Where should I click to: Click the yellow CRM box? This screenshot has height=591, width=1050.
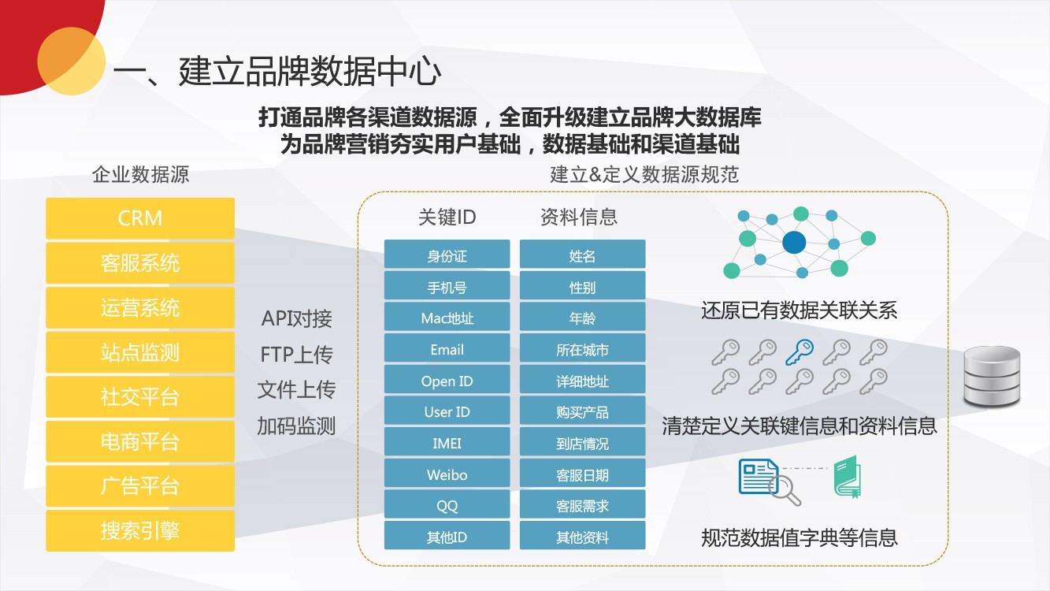140,218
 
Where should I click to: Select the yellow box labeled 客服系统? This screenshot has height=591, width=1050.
140,262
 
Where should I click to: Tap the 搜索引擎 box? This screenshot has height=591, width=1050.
140,530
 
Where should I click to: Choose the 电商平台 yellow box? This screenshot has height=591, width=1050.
140,441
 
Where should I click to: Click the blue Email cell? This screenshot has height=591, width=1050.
447,349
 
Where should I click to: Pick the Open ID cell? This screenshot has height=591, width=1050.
447,381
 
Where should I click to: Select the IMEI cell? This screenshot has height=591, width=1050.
447,443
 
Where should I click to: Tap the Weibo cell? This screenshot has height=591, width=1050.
447,474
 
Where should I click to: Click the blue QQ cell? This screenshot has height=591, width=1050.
447,506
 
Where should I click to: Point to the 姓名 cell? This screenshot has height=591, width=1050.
582,255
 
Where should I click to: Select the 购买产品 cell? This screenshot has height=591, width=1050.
582,412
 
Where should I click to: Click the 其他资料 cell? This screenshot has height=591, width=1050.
582,537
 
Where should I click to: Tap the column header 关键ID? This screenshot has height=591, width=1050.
447,217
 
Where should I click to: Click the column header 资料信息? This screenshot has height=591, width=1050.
579,217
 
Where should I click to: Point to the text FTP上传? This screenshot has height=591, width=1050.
296,355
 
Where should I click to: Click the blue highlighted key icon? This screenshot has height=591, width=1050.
800,351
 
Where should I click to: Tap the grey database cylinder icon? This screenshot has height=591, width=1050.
992,376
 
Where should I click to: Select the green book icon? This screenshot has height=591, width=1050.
848,477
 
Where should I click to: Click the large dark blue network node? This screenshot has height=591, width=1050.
794,243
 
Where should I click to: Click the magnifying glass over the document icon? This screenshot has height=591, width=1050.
785,490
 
